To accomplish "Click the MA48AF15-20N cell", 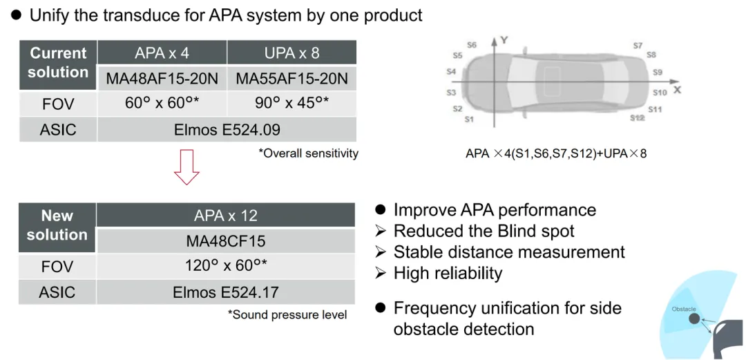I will (x=162, y=79).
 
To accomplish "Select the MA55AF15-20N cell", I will (x=291, y=79).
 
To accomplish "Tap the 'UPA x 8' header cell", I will (x=291, y=53).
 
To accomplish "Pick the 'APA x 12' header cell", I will (x=226, y=216).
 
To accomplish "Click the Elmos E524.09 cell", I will (x=226, y=129).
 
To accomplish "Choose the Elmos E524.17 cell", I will (x=226, y=292).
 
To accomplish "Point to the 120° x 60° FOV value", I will (x=226, y=267).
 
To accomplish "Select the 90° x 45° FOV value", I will (x=291, y=104).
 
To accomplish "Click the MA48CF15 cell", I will (x=226, y=241).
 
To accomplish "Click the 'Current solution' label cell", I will (x=58, y=62).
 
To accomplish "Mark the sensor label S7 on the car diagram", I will (x=637, y=46).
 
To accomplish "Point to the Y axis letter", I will (x=504, y=41).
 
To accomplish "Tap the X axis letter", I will (x=676, y=90).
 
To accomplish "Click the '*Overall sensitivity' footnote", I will (x=309, y=153).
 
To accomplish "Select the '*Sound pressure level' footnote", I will (x=287, y=315).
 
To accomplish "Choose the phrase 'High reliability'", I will (x=448, y=274).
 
